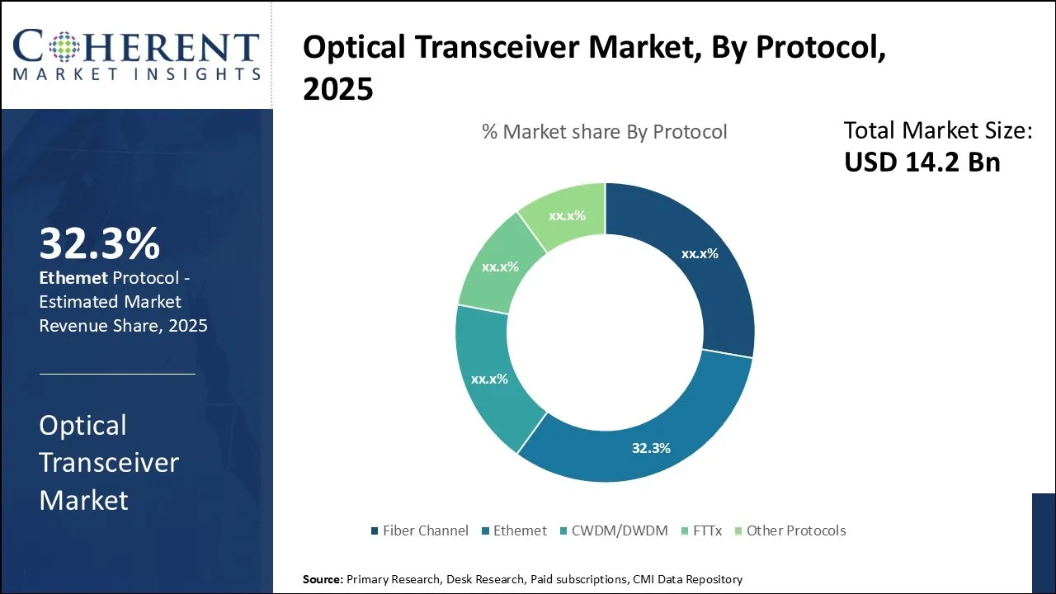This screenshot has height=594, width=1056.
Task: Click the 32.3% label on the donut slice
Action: pyautogui.click(x=651, y=448)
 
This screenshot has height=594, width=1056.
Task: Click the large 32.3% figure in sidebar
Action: pyautogui.click(x=99, y=243)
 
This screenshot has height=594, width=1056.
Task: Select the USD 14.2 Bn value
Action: pyautogui.click(x=922, y=162)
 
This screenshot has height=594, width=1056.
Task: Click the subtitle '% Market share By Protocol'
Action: pyautogui.click(x=605, y=132)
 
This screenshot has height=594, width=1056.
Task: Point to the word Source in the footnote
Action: pyautogui.click(x=323, y=579)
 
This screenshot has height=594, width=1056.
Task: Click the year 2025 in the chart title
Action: pyautogui.click(x=338, y=90)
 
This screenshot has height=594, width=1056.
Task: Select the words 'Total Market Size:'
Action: pyautogui.click(x=938, y=130)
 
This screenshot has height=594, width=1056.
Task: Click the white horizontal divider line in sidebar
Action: pyautogui.click(x=117, y=374)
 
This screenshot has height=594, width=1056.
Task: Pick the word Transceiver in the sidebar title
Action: pyautogui.click(x=109, y=462)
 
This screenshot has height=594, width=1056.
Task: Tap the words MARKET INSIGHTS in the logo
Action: pyautogui.click(x=137, y=74)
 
